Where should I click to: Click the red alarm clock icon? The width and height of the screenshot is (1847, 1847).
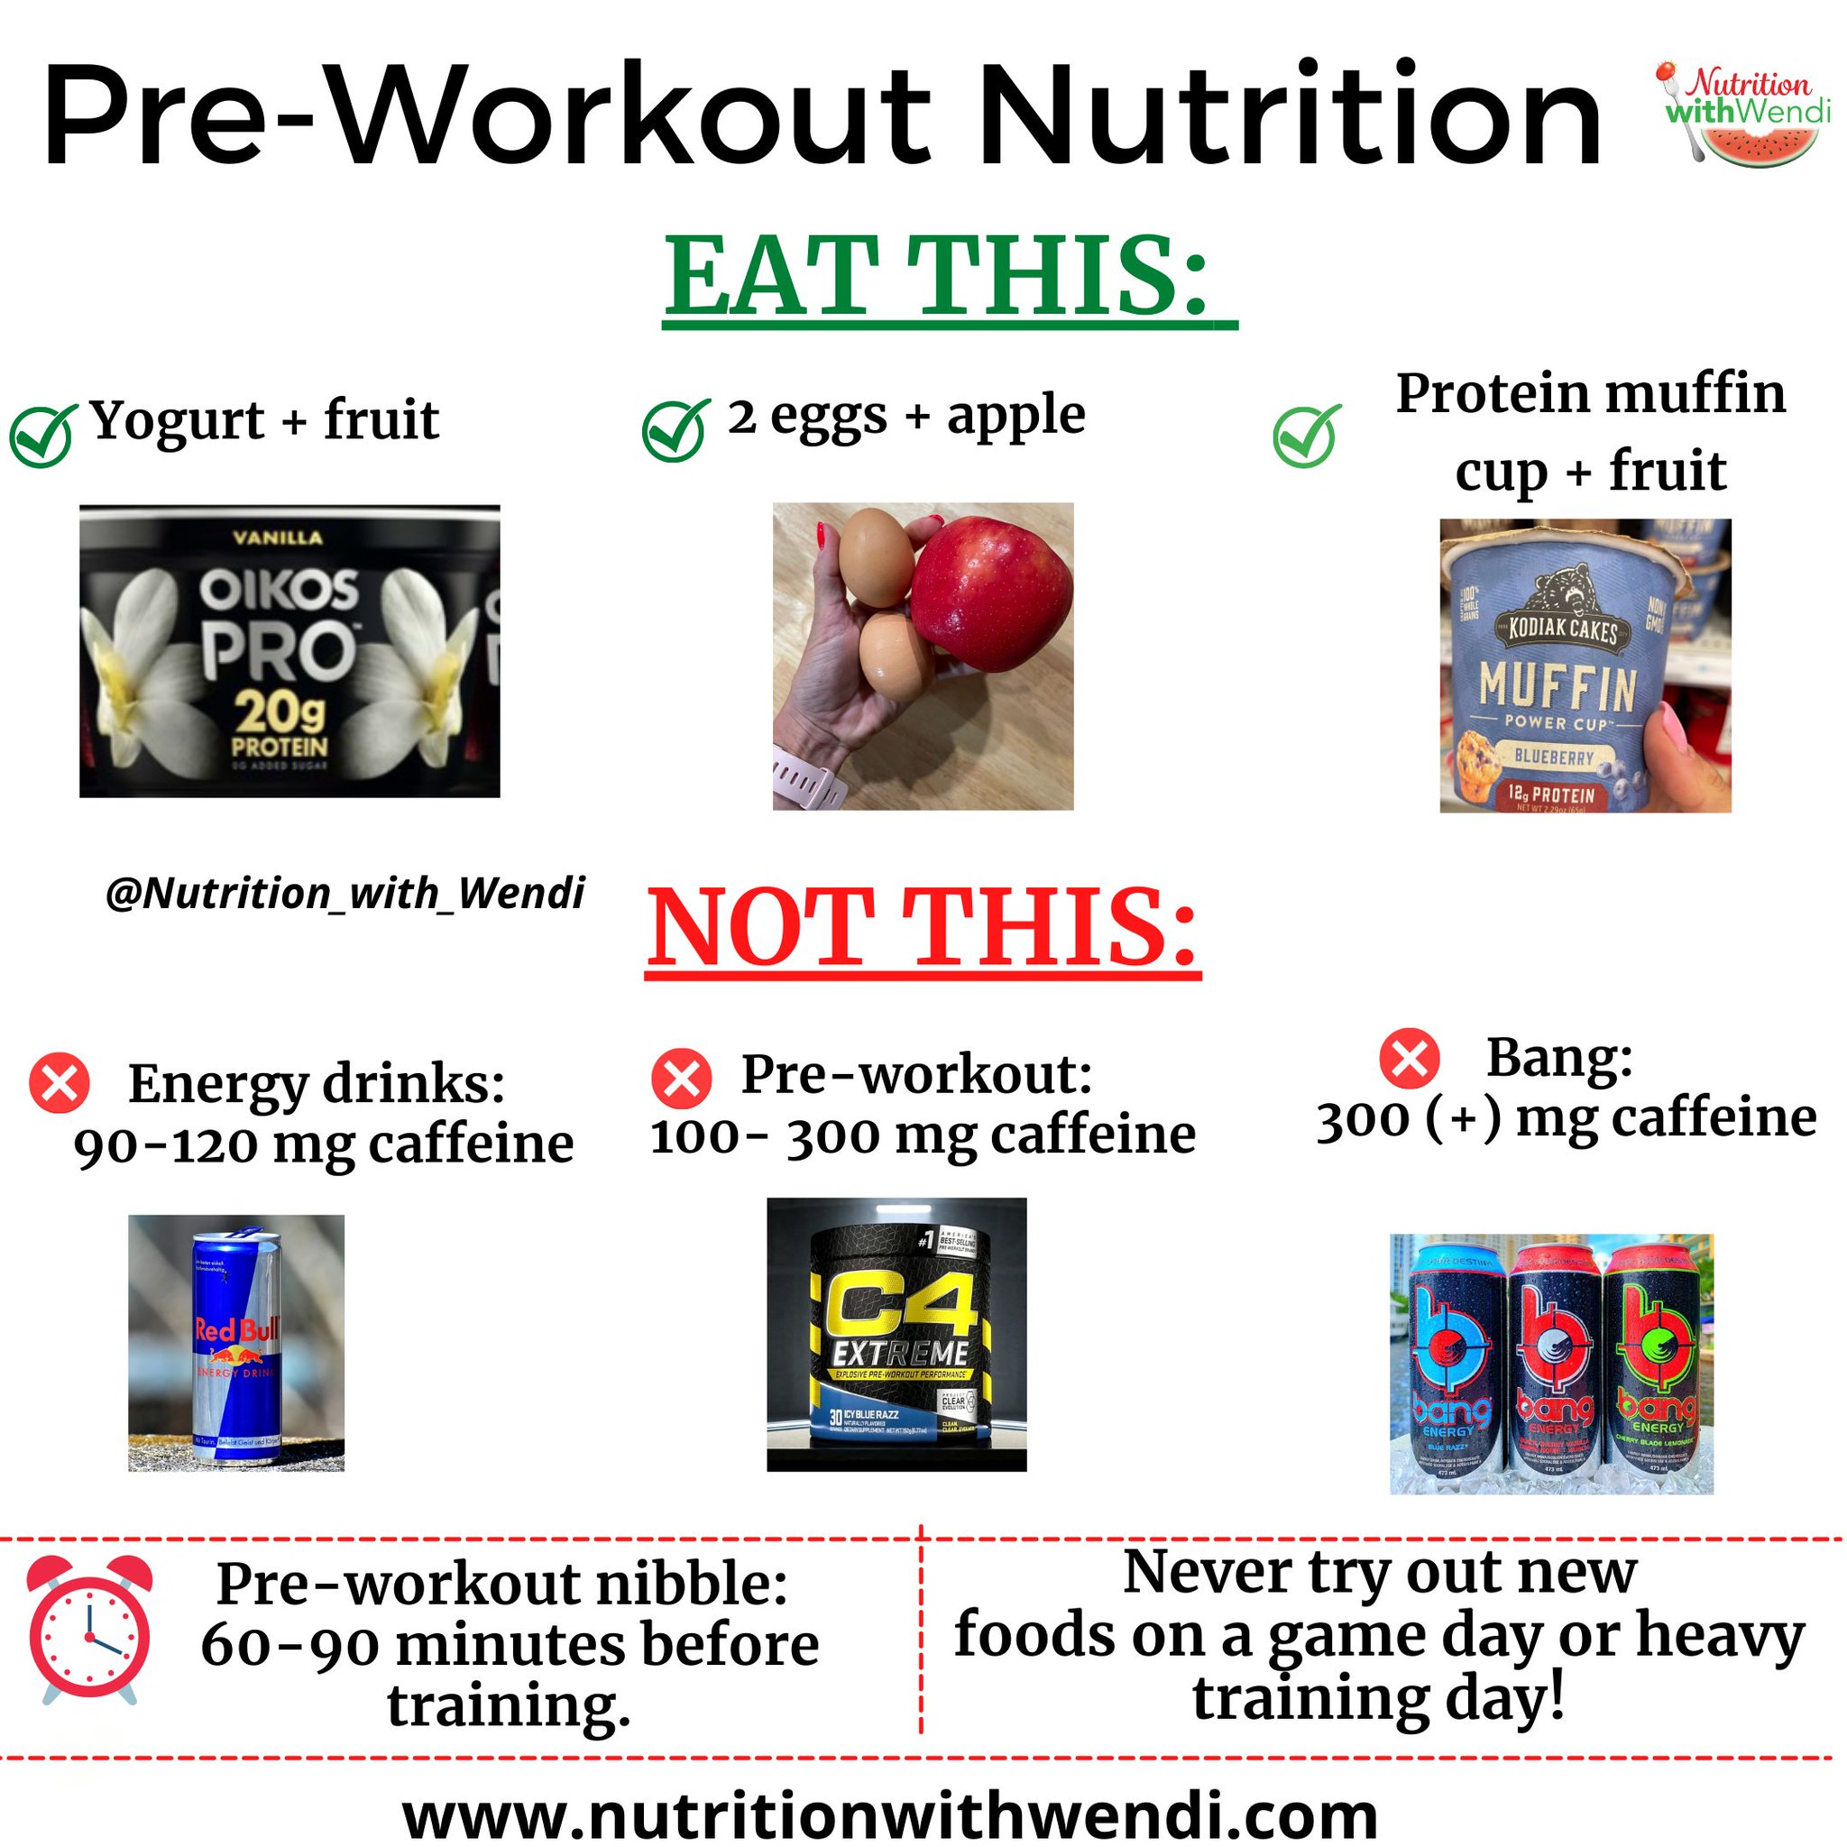pyautogui.click(x=89, y=1640)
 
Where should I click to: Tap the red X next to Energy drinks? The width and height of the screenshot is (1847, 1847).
pyautogui.click(x=60, y=1084)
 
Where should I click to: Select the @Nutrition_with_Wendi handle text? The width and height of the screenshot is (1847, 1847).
pyautogui.click(x=345, y=894)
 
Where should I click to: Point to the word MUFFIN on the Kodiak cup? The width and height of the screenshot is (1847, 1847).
pyautogui.click(x=1557, y=685)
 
